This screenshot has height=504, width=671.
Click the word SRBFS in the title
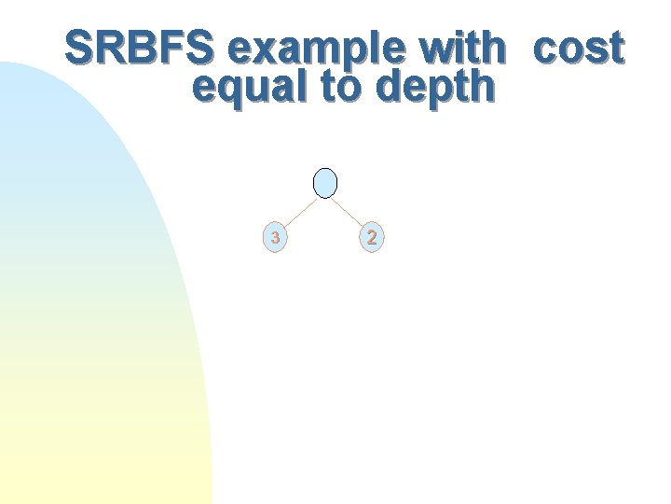[x=141, y=49]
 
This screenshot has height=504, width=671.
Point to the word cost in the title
[x=578, y=49]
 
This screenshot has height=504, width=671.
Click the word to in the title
[x=344, y=88]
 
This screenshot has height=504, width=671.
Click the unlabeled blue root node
[x=324, y=183]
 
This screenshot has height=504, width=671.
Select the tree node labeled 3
[x=275, y=238]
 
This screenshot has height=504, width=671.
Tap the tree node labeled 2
[x=372, y=238]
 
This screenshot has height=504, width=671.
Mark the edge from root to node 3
[x=299, y=211]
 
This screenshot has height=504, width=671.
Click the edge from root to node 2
[x=349, y=211]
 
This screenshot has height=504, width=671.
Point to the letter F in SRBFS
[x=173, y=49]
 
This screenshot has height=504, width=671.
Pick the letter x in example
[x=273, y=51]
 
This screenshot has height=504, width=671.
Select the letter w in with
[x=437, y=51]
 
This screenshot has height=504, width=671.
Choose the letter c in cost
[x=545, y=51]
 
